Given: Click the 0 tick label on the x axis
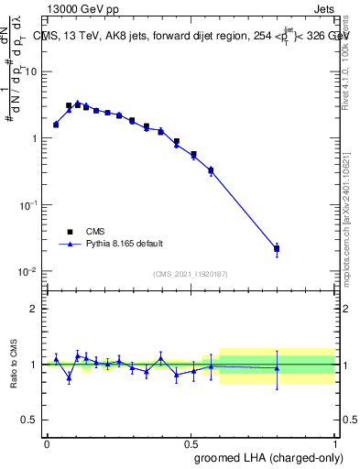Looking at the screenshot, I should coord(47,442).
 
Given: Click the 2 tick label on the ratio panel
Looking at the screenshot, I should coord(35,309).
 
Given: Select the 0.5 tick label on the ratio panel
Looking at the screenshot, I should coord(31,420).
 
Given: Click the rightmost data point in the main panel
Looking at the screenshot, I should coord(277,248).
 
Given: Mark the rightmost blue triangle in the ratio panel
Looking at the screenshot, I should coord(277,368).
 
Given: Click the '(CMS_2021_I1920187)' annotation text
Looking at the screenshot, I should coord(190,273).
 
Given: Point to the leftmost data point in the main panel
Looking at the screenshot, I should coord(56,125).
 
